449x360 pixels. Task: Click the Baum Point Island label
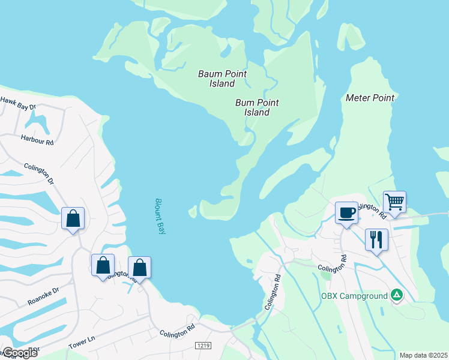coord(222,79)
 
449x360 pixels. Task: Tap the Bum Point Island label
coord(257,107)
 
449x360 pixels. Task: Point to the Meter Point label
coord(370,98)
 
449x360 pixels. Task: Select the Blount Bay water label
coord(160,216)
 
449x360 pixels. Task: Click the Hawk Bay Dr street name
coord(18,104)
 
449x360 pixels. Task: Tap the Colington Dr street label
coord(39,174)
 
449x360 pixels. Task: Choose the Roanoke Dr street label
coord(43,296)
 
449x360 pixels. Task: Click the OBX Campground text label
coord(354,295)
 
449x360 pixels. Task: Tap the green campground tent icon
coord(396,295)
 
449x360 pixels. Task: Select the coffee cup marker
coord(346,213)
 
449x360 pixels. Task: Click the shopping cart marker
coord(394,202)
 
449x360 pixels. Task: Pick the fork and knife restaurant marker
coord(376,240)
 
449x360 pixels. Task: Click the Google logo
coord(19,353)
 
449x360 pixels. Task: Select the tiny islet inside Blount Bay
coord(193,211)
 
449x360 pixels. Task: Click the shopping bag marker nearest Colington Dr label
coord(73,219)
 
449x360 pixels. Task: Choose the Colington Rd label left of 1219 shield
coord(178,332)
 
